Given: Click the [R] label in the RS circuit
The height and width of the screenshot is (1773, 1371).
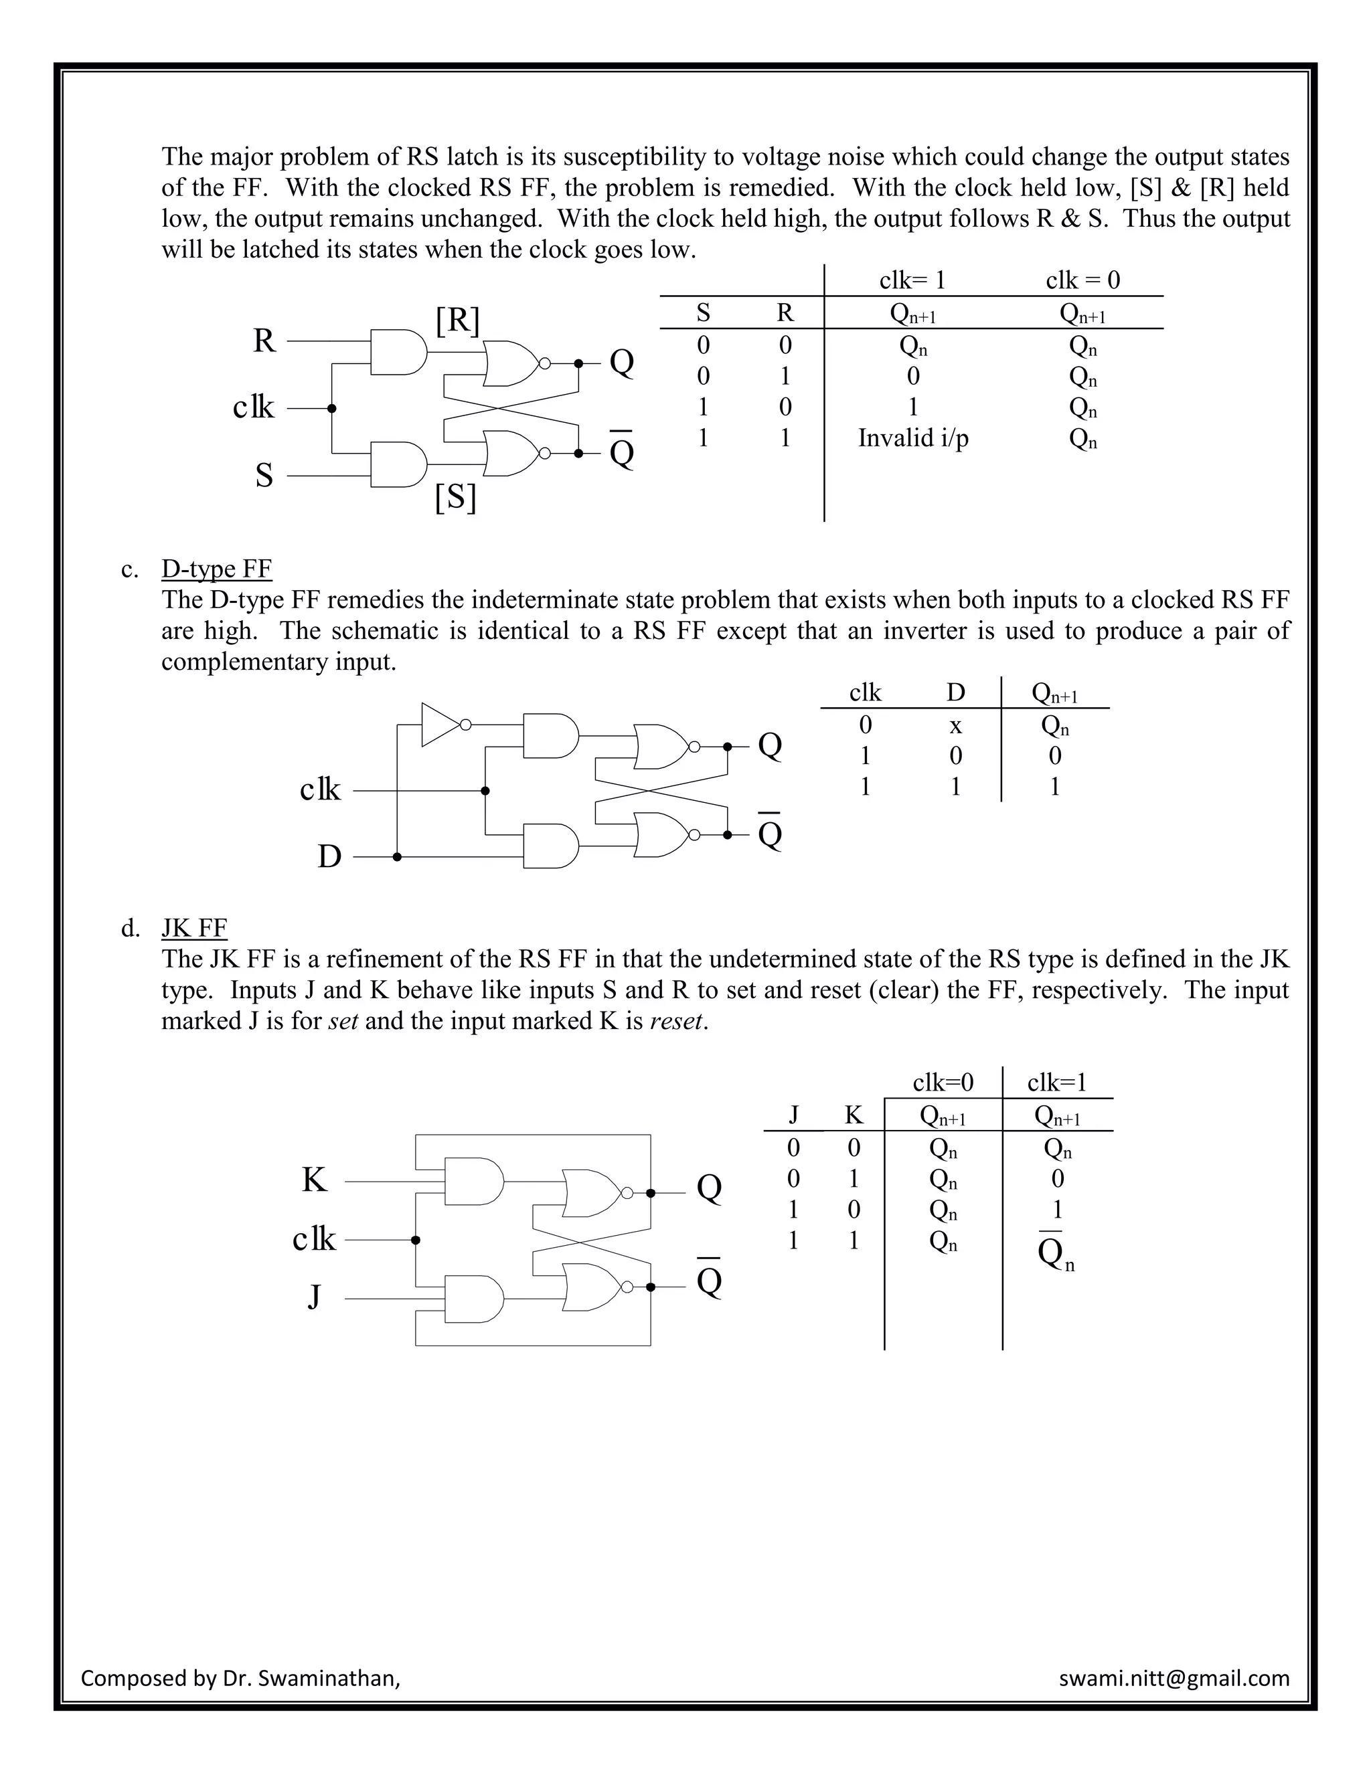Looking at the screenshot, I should click(458, 320).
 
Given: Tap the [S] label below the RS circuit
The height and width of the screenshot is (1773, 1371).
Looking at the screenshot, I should click(456, 497).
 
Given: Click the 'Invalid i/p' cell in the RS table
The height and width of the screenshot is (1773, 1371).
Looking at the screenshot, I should click(913, 438).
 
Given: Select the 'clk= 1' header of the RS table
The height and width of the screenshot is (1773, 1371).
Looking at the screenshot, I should click(912, 281).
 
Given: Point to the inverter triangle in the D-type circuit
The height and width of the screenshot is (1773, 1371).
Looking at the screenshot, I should click(441, 724).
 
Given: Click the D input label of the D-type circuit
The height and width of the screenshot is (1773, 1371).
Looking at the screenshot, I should click(329, 856).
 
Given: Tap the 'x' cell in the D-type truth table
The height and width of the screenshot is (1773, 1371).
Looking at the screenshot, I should click(956, 725).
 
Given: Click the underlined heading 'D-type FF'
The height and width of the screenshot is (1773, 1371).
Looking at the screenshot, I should click(216, 569).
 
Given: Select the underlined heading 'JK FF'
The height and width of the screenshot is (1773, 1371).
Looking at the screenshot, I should click(194, 928).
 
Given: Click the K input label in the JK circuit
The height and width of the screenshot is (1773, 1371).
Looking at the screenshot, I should click(315, 1180).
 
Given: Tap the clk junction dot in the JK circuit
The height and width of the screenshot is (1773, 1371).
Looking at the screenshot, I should click(416, 1240).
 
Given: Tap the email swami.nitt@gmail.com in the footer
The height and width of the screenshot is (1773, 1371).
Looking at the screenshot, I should click(1174, 1678).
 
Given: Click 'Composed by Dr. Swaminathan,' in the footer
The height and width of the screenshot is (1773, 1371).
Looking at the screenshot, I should click(240, 1678).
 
